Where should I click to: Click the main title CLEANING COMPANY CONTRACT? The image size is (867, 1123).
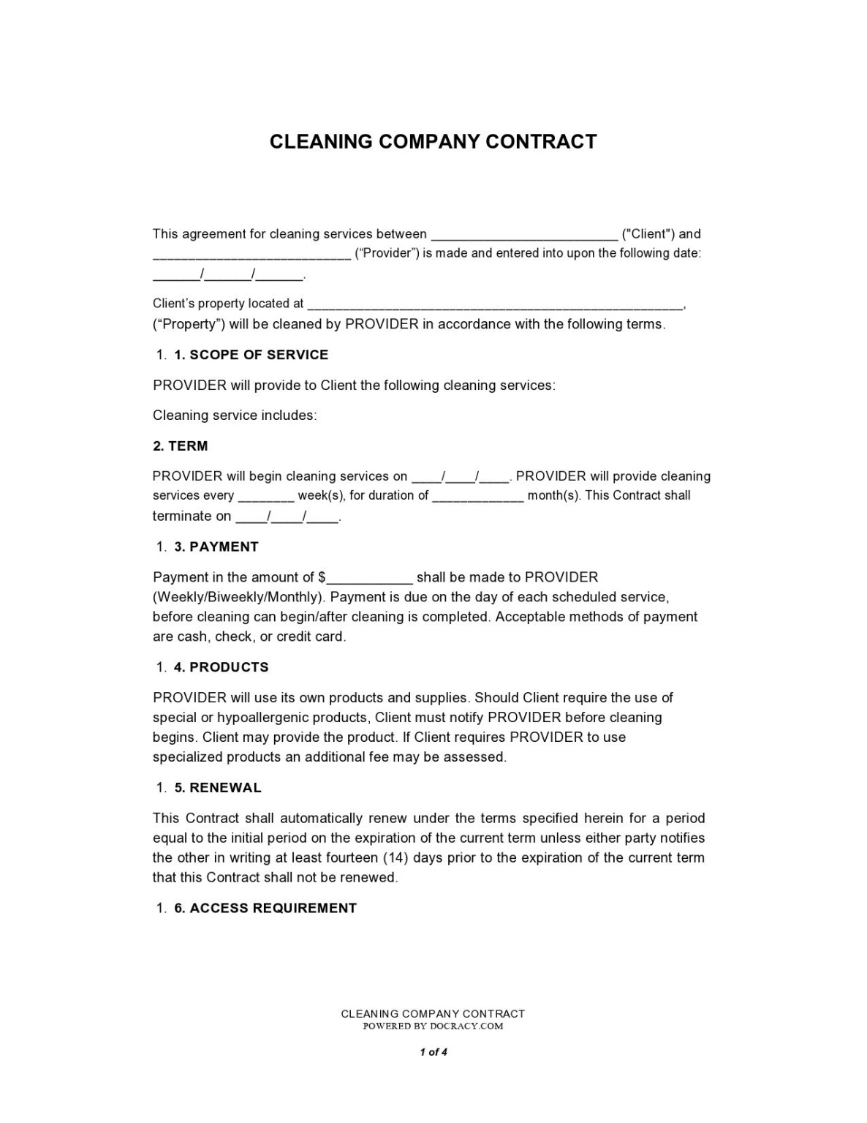click(x=433, y=141)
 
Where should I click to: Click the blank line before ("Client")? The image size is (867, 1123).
click(x=524, y=236)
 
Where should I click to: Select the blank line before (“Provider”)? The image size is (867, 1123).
click(x=251, y=255)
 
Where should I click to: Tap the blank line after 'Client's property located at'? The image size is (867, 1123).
click(x=495, y=304)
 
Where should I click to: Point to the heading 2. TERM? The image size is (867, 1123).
click(x=181, y=446)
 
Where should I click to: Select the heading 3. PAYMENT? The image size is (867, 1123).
click(x=216, y=547)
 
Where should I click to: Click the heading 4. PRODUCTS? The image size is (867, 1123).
click(x=222, y=667)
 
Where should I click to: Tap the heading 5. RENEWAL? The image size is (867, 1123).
click(x=218, y=788)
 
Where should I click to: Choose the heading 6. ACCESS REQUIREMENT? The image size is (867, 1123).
click(x=265, y=909)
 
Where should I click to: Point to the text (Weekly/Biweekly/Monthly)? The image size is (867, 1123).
click(x=238, y=597)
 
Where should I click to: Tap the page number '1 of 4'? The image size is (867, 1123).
click(x=434, y=1052)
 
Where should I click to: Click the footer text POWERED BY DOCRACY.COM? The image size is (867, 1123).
click(x=434, y=1026)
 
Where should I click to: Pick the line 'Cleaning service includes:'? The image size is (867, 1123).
click(x=235, y=416)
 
